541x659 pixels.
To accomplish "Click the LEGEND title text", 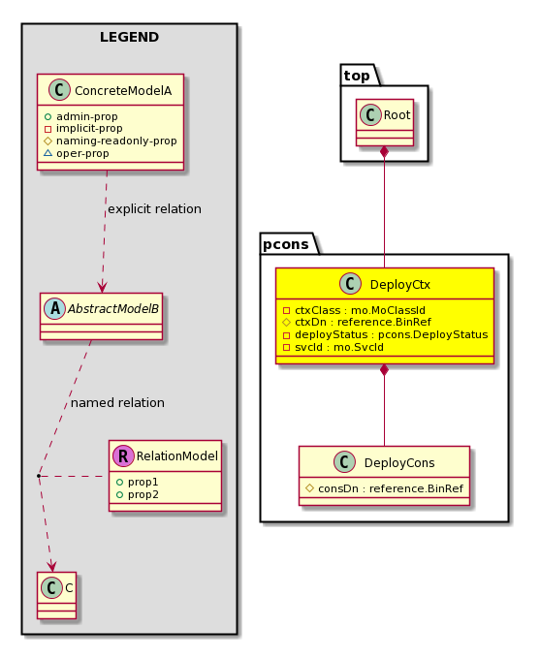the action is pos(130,37).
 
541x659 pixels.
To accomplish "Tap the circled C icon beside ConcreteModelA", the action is pos(59,90).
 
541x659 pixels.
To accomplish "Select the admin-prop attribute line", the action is pos(81,116).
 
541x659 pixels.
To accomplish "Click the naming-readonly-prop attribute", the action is pos(111,141).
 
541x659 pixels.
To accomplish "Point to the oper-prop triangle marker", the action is pos(48,153).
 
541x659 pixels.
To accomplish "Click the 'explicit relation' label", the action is pos(155,209).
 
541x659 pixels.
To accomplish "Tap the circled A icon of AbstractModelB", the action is pos(54,308).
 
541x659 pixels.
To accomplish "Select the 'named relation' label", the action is pos(117,402).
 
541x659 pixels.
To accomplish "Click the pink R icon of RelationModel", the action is pos(123,456).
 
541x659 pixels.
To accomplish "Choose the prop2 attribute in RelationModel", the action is pos(138,494).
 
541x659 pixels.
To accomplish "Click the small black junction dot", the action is pos(38,476).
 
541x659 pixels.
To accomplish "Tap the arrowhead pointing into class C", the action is pos(51,566).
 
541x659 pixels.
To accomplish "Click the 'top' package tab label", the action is pos(357,76).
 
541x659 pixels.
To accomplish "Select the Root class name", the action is pos(397,114).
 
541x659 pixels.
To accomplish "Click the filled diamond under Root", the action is pos(384,152).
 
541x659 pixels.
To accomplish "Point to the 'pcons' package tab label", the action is pos(286,244).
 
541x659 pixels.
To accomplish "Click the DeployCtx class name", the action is pos(399,285).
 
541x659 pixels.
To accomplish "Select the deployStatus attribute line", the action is pos(386,334).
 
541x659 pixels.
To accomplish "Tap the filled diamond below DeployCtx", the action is pos(384,370).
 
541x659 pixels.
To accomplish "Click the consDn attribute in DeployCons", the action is pos(384,488).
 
